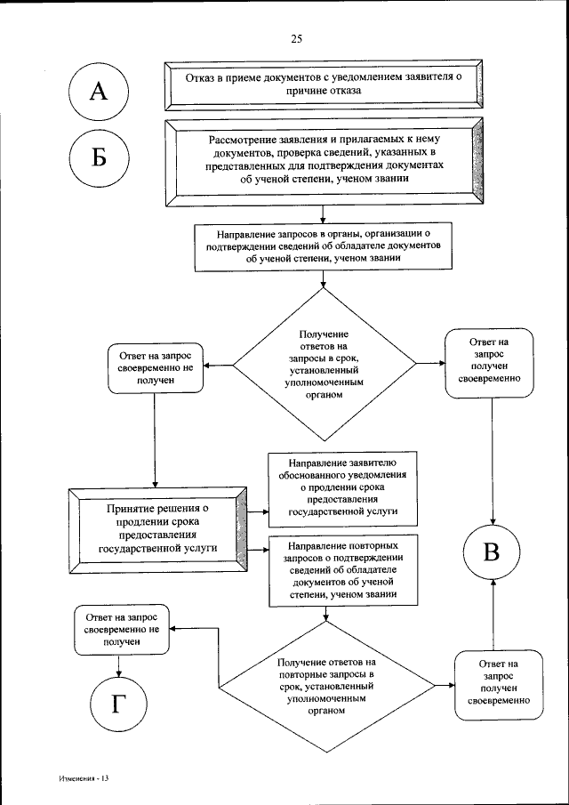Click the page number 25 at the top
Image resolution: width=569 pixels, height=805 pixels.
pos(297,38)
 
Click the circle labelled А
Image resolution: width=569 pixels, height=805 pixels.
pos(100,90)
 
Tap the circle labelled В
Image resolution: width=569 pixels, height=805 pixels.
pos(491,551)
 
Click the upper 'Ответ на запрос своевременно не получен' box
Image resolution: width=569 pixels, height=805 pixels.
pos(155,367)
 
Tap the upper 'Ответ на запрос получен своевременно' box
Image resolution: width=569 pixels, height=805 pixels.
pos(490,364)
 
